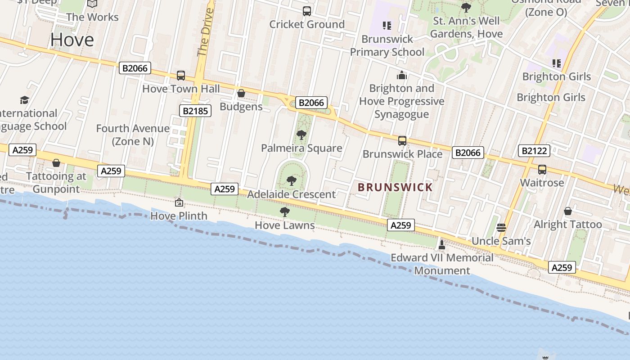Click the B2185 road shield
click(195, 111)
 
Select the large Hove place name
click(72, 40)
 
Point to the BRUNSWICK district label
click(395, 187)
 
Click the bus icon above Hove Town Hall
click(181, 76)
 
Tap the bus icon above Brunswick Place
click(402, 141)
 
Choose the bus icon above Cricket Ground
click(307, 11)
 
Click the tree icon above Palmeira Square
click(301, 135)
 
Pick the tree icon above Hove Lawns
click(284, 212)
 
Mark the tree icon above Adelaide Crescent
click(292, 181)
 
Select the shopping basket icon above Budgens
click(241, 94)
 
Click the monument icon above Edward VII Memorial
click(442, 245)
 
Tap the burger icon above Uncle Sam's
click(501, 228)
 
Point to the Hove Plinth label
click(179, 216)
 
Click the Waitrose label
click(542, 183)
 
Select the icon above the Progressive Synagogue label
click(402, 75)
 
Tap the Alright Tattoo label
click(567, 224)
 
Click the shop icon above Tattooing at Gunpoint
click(56, 163)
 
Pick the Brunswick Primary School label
click(387, 45)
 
